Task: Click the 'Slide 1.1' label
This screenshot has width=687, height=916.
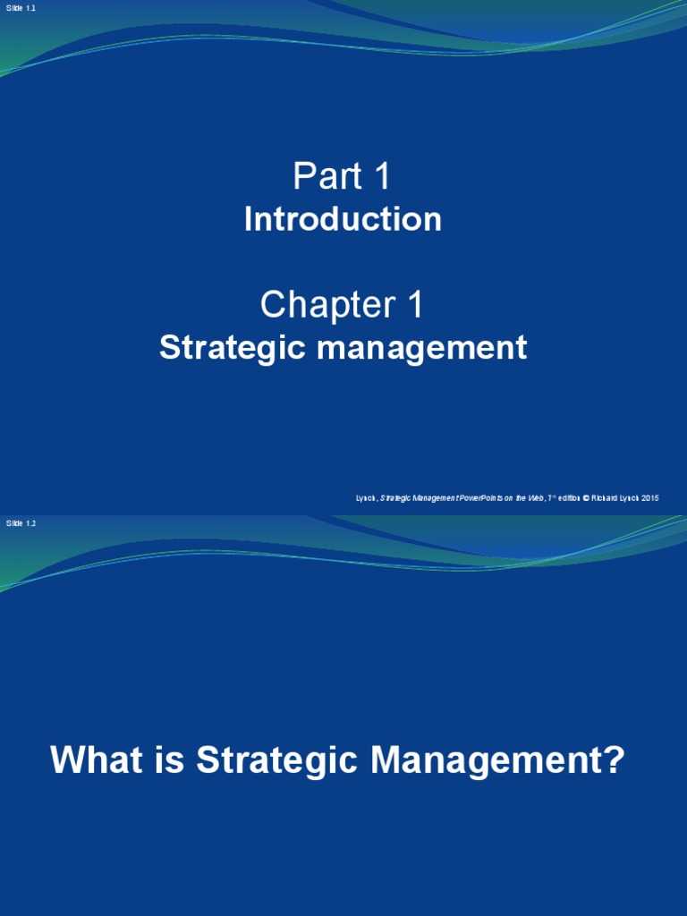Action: coord(21,8)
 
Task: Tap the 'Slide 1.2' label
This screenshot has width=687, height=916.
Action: coord(21,523)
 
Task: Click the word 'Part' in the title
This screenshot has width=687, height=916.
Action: coord(325,177)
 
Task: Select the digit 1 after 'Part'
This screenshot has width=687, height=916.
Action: coord(382,177)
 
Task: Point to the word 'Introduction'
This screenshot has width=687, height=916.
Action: coord(343,220)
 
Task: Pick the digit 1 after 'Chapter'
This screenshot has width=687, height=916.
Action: coord(414,306)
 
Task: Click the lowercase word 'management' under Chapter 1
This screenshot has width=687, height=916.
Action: coord(420,348)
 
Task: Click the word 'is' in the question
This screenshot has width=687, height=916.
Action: coord(168,761)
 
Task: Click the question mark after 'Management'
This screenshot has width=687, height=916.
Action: coord(613,761)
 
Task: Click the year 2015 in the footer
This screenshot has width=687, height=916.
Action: coord(650,498)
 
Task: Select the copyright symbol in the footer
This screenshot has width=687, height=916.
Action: coord(586,498)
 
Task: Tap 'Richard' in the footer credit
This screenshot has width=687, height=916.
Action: coord(604,498)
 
